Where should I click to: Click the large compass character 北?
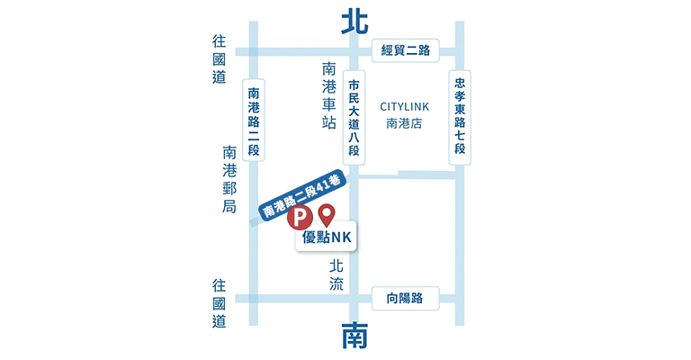coord(354,22)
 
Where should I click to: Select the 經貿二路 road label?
coord(406,50)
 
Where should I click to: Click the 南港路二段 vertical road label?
coord(254,120)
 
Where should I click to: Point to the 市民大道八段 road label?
coord(354,118)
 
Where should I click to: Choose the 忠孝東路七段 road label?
coord(460,118)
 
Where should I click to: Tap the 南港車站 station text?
coord(328,95)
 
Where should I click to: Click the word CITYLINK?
coord(405,106)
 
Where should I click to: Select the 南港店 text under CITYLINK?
coord(404,123)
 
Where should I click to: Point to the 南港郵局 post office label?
coord(229,179)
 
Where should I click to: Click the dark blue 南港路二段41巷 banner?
coord(301,194)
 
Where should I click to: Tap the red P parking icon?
coord(300,217)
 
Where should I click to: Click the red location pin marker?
coord(327,215)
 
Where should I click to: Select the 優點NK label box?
coord(326,237)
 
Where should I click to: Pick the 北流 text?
coord(337,274)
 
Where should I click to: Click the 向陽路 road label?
coord(406,298)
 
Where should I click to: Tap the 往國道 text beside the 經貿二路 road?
coord(219,59)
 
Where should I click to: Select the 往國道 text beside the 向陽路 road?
coord(219,303)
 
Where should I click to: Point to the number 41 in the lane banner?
coord(322,185)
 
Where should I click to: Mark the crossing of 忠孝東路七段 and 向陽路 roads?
coord(460,299)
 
